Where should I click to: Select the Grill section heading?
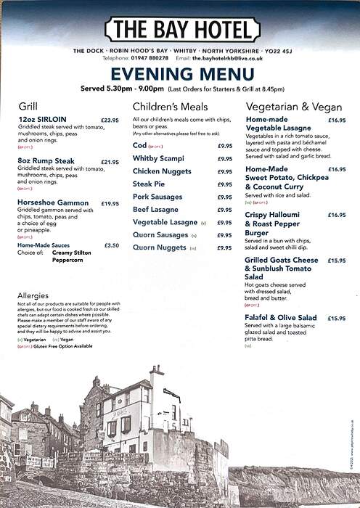[x=28, y=105]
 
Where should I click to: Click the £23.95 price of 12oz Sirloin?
[x=110, y=120]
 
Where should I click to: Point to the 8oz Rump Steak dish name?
[x=46, y=162]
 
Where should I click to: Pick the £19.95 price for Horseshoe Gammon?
[x=110, y=204]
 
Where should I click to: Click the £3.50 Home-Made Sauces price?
[x=112, y=245]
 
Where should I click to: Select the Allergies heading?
[x=33, y=295]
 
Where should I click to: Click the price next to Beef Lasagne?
[x=225, y=210]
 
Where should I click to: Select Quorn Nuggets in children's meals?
[x=160, y=247]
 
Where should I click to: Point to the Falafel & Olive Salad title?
[x=281, y=318]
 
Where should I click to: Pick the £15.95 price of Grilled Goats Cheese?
[x=336, y=260]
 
